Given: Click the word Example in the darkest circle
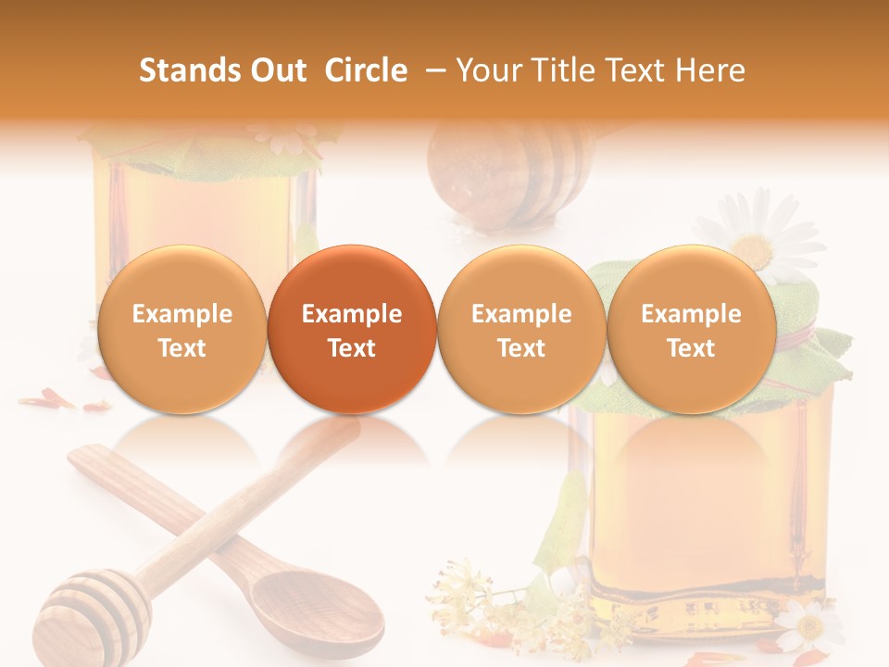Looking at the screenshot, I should pyautogui.click(x=352, y=314).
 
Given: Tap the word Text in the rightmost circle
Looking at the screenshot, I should pyautogui.click(x=692, y=348).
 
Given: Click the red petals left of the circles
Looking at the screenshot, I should pyautogui.click(x=60, y=401).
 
